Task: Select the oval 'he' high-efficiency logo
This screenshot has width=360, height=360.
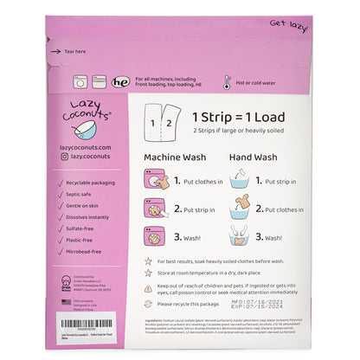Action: [121, 83]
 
